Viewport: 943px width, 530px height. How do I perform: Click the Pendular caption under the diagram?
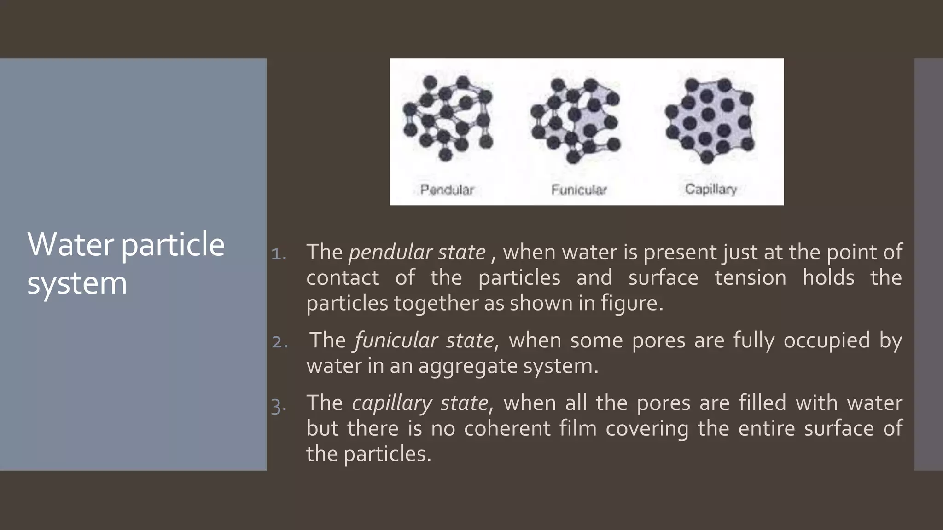click(447, 190)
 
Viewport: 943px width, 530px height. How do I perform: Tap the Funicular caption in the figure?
click(579, 190)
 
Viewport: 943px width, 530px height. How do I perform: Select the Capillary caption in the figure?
click(710, 189)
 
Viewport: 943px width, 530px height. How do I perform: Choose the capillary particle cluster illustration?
click(710, 120)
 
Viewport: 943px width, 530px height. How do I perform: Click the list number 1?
click(279, 253)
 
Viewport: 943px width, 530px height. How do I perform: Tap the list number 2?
click(279, 342)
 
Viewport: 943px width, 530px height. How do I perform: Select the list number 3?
click(279, 406)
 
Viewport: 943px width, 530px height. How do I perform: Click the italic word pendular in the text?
click(390, 253)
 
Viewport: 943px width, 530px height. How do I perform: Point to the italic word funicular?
click(396, 341)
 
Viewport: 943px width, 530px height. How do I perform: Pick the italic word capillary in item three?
click(392, 403)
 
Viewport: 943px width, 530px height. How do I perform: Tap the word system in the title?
click(77, 283)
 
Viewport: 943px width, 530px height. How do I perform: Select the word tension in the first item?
click(750, 278)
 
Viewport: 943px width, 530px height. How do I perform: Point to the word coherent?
click(507, 428)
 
